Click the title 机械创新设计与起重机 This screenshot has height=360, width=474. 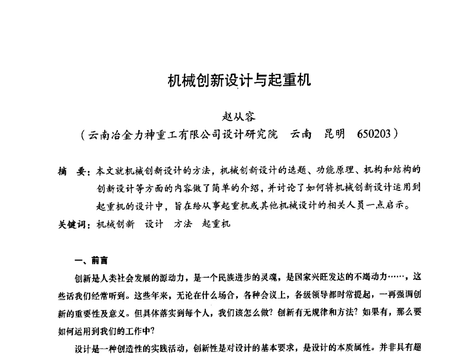(239, 80)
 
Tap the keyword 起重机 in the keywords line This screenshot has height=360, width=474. (216, 224)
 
